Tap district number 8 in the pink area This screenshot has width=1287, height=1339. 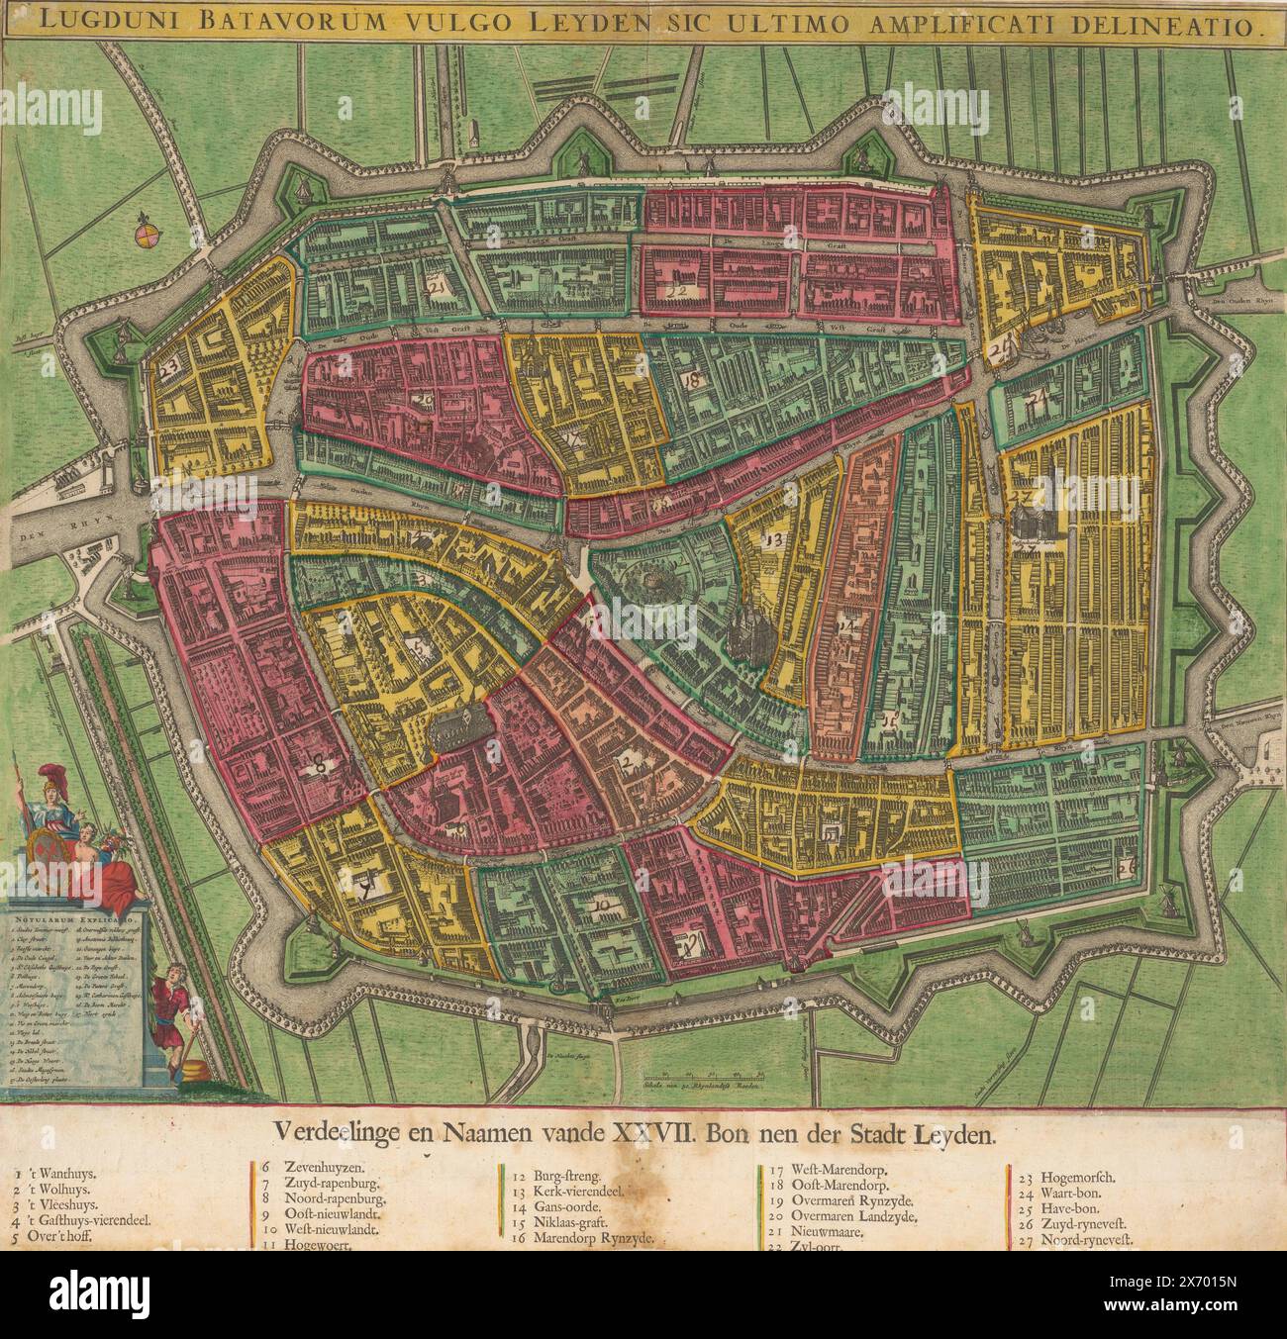pyautogui.click(x=320, y=760)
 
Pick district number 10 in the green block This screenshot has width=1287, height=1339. pyautogui.click(x=601, y=905)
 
